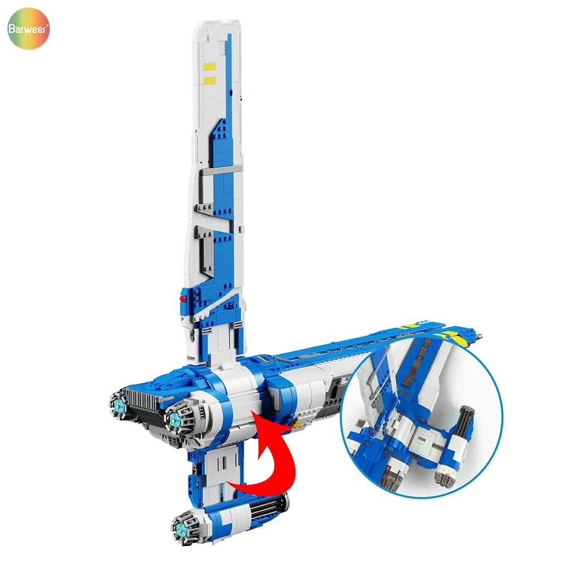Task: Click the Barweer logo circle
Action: (28, 28)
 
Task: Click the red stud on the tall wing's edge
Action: (183, 298)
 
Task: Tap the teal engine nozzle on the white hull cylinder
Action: (174, 417)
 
